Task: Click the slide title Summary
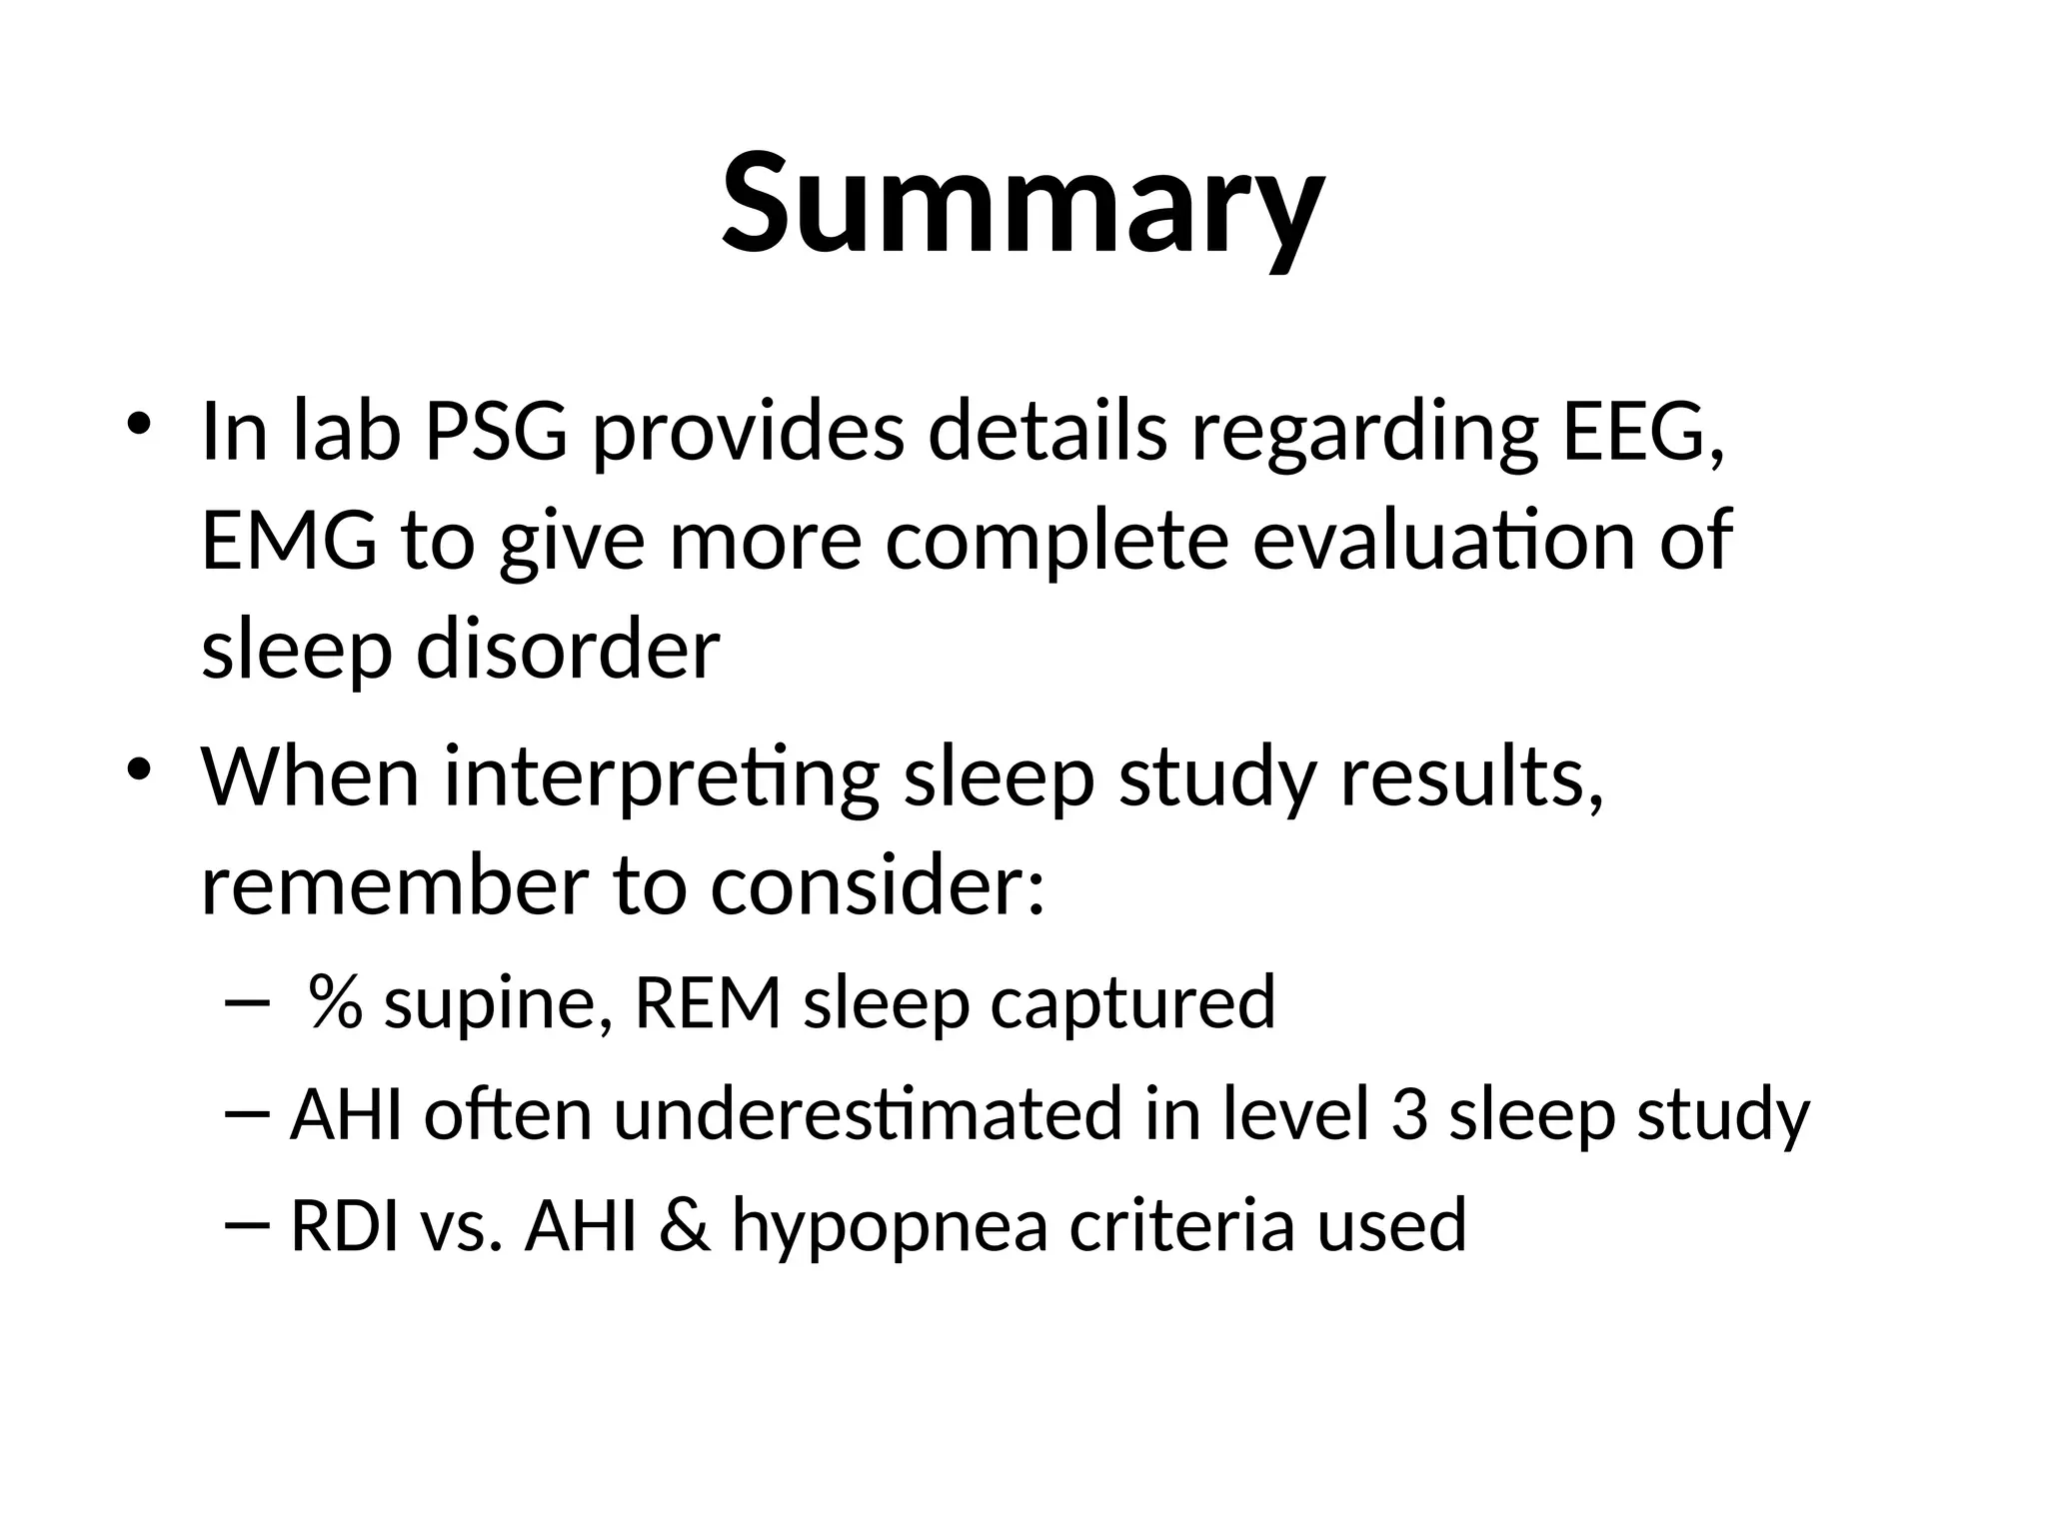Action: pyautogui.click(x=1023, y=205)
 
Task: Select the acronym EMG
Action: pyautogui.click(x=289, y=541)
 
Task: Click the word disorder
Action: pyautogui.click(x=567, y=650)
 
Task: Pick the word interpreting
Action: pyautogui.click(x=661, y=777)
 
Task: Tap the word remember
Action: pyautogui.click(x=395, y=886)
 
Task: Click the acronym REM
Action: pyautogui.click(x=708, y=1002)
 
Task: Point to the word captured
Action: pyautogui.click(x=1132, y=1002)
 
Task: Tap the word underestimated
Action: pyautogui.click(x=868, y=1114)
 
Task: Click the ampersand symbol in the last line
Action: pyautogui.click(x=685, y=1226)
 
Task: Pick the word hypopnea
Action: pyautogui.click(x=890, y=1226)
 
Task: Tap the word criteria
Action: pyautogui.click(x=1181, y=1226)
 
